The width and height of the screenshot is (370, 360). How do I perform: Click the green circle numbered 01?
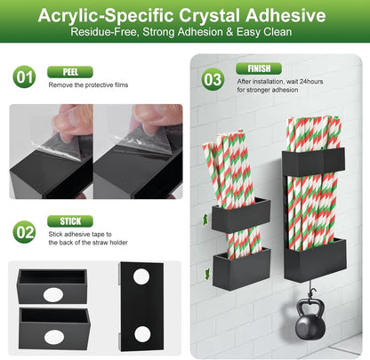tap(24, 76)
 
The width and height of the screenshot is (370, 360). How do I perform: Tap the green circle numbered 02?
tap(24, 232)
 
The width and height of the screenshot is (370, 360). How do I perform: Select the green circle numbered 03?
tap(213, 79)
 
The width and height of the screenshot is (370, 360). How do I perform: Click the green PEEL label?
tap(70, 72)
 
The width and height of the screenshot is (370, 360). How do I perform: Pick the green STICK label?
tap(70, 221)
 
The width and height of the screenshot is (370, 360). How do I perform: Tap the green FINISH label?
tap(259, 68)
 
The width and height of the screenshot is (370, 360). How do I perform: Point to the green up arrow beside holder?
tap(205, 220)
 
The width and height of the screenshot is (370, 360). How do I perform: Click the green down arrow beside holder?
tap(207, 274)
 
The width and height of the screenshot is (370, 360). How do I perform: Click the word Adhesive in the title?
tap(286, 15)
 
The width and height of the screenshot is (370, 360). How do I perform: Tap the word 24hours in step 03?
tap(311, 82)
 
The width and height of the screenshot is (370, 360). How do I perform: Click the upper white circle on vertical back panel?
tap(141, 276)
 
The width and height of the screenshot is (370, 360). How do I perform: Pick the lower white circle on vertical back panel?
tap(142, 334)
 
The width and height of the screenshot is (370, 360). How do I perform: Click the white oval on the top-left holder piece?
tap(53, 295)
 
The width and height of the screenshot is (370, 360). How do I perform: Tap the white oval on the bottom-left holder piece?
tap(54, 337)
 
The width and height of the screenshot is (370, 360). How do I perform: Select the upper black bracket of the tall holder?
tap(313, 163)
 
